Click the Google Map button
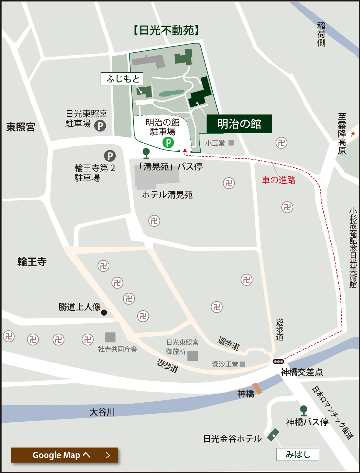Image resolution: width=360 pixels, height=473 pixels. (64, 455)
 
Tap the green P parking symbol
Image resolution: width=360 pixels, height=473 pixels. (168, 143)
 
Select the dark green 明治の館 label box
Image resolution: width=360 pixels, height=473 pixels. (239, 124)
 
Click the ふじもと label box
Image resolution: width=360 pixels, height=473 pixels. (122, 79)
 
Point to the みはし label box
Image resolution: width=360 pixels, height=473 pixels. (297, 454)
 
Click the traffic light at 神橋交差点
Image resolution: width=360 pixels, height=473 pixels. (278, 361)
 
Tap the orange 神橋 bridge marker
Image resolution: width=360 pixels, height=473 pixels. (257, 388)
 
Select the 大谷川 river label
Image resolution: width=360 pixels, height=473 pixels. (102, 412)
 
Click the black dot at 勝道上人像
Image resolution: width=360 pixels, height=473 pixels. (104, 313)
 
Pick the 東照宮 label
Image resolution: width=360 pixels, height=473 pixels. (21, 127)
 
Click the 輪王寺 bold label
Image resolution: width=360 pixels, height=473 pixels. (32, 262)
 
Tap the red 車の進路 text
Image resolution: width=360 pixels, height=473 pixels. (279, 180)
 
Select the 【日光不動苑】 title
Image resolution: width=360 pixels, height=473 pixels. (166, 30)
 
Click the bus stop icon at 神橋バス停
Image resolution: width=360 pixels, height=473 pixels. (304, 411)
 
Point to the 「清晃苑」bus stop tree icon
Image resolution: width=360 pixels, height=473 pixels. (146, 153)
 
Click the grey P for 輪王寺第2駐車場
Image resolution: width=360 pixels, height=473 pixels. (110, 156)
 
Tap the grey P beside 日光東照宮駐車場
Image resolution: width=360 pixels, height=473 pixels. (100, 126)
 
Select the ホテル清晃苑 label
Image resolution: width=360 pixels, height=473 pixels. (167, 195)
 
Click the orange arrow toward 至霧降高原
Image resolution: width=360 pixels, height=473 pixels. (352, 134)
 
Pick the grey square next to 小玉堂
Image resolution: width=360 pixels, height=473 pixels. (231, 143)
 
